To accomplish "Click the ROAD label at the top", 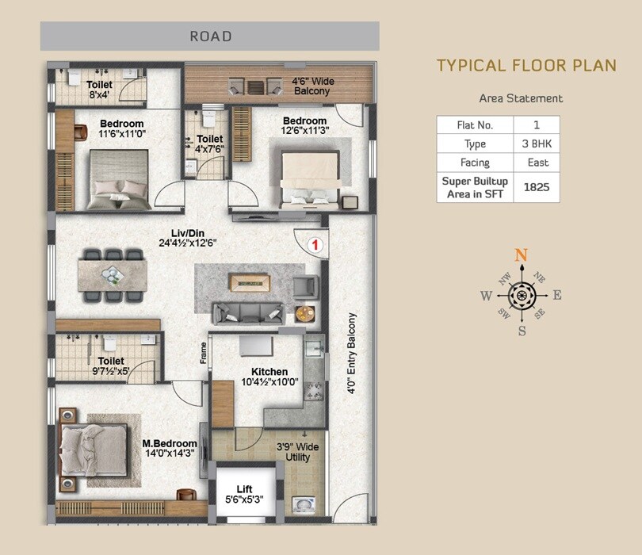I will pyautogui.click(x=210, y=36).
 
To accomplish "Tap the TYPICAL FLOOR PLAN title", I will pyautogui.click(x=526, y=65).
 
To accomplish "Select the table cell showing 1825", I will pyautogui.click(x=537, y=187).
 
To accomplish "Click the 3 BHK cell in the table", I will pyautogui.click(x=537, y=144).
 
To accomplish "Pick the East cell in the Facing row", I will pyautogui.click(x=537, y=163).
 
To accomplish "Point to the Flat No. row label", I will pyautogui.click(x=475, y=125).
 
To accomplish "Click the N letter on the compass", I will pyautogui.click(x=522, y=255).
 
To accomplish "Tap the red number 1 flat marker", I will pyautogui.click(x=315, y=245).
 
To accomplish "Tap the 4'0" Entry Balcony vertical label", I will pyautogui.click(x=352, y=354).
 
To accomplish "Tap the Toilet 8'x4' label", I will pyautogui.click(x=99, y=89).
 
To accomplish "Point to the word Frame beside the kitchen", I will pyautogui.click(x=203, y=354).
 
